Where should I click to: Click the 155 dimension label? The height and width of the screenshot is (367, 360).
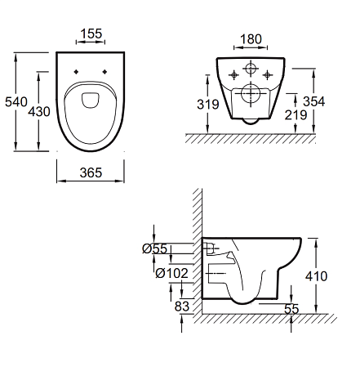coord(91,34)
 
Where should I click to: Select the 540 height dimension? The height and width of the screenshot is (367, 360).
coord(16,102)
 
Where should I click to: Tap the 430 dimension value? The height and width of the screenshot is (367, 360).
coord(39,112)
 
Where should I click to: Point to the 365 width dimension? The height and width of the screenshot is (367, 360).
coord(91,172)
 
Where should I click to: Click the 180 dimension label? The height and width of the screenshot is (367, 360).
coord(251,39)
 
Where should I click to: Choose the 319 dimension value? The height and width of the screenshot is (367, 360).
coord(208,105)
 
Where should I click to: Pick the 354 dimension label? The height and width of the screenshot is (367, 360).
coord(314,101)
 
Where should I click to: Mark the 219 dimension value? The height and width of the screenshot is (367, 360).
coord(296,115)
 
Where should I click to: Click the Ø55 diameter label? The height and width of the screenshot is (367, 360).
coord(155,248)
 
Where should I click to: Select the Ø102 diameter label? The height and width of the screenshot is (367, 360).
coord(171,273)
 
